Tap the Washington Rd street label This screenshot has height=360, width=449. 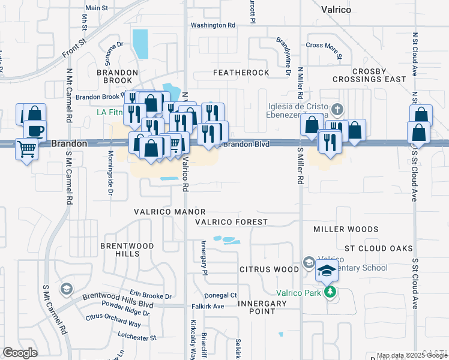(x=213, y=25)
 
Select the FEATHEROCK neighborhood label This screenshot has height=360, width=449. (x=242, y=73)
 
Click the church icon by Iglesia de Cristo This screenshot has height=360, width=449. (x=338, y=110)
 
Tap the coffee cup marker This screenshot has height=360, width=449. (x=35, y=130)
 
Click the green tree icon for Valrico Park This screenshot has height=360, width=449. (x=329, y=292)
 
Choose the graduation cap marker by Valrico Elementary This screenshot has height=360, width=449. (x=327, y=271)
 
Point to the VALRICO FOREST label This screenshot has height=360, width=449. (x=231, y=222)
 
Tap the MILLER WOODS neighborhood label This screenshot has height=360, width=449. (x=346, y=229)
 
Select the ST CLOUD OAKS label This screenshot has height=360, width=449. (x=378, y=248)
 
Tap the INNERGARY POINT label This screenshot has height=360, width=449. (x=262, y=307)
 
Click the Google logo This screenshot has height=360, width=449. (x=20, y=353)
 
